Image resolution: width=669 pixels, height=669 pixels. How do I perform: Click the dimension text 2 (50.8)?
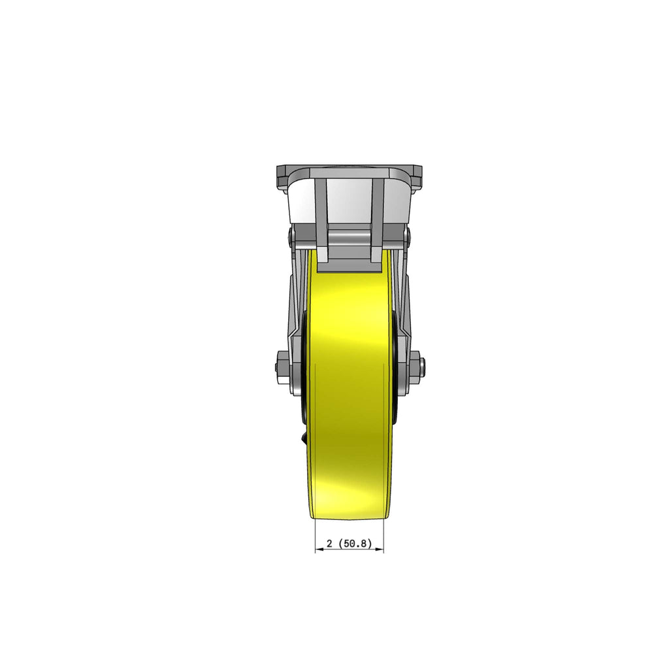click(349, 544)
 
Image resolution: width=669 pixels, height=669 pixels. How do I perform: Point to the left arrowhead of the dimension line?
click(319, 550)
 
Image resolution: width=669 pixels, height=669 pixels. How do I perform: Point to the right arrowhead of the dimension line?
click(380, 550)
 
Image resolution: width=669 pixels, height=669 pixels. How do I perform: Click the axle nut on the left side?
click(283, 361)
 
